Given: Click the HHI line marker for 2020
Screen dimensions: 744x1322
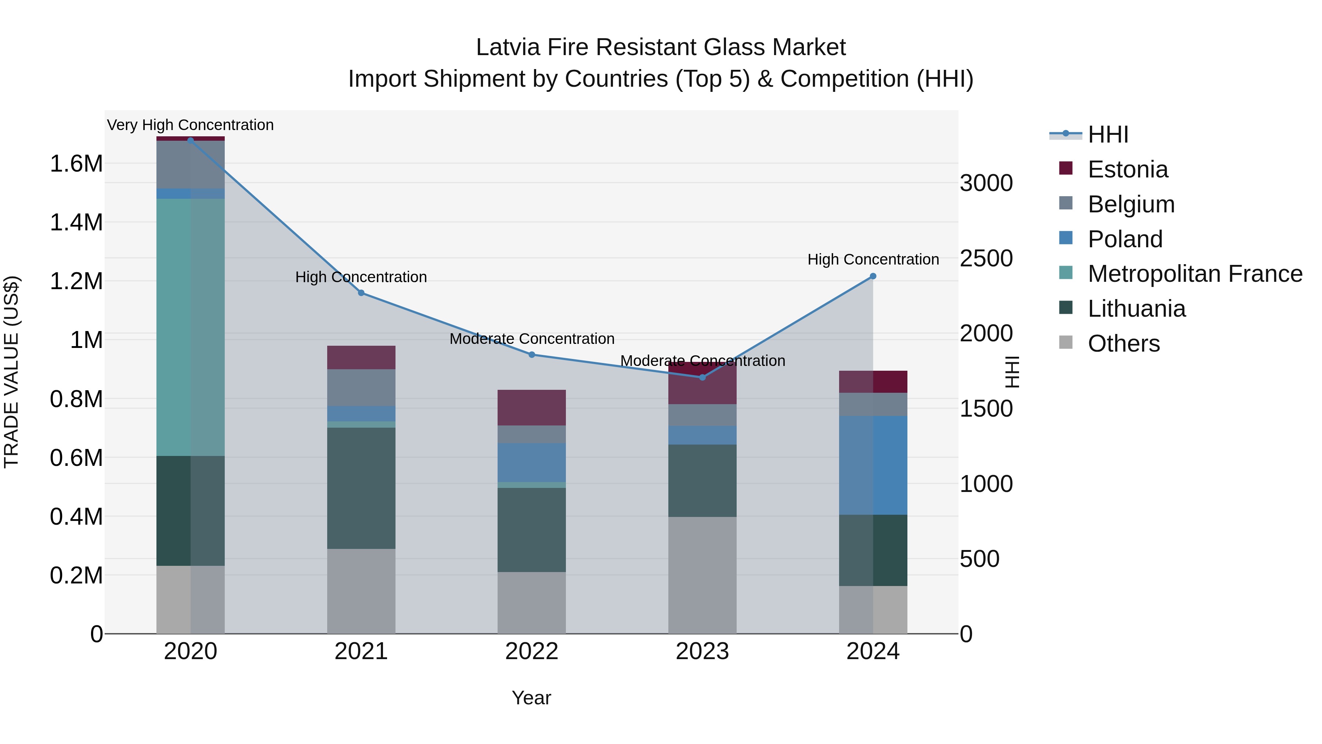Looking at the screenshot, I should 190,140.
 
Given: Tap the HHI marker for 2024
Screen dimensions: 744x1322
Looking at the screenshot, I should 873,276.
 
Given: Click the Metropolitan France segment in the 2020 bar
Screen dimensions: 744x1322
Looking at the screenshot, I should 190,327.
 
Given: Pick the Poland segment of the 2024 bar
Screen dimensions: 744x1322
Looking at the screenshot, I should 873,465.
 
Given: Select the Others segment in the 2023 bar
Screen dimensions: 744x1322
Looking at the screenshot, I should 702,575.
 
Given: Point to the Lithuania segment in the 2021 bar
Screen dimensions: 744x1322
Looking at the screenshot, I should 361,488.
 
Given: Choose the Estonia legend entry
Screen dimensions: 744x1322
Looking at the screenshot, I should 1127,169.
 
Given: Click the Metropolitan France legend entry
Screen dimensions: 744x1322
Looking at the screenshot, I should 1195,274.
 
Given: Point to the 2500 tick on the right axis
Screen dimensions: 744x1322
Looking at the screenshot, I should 986,258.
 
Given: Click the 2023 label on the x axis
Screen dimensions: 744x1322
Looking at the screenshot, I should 702,651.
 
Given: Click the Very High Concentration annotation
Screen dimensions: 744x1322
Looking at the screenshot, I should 190,125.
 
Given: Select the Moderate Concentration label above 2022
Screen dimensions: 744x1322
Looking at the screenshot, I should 532,339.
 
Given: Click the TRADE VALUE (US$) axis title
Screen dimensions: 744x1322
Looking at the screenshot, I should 11,372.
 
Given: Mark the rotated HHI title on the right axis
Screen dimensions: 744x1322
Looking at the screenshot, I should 1012,372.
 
